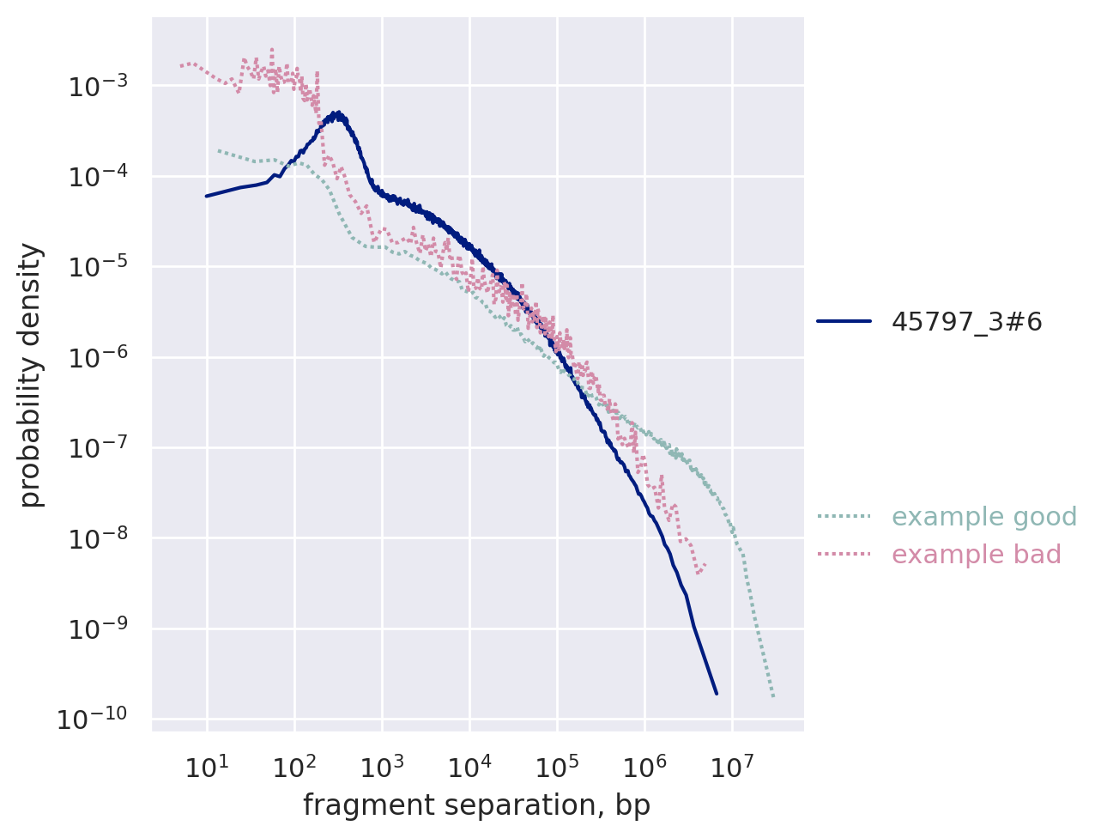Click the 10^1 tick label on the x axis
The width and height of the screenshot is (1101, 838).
pyautogui.click(x=207, y=767)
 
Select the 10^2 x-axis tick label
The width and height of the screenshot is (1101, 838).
pyautogui.click(x=294, y=767)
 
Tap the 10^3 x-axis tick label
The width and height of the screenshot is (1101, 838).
pyautogui.click(x=382, y=767)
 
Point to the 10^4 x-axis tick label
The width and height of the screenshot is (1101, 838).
pyautogui.click(x=469, y=767)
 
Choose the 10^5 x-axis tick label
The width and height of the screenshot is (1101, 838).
pyautogui.click(x=557, y=767)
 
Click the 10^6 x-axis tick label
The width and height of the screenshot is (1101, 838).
pyautogui.click(x=644, y=767)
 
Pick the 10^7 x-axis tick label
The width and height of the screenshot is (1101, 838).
pyautogui.click(x=732, y=767)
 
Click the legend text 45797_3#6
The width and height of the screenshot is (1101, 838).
pyautogui.click(x=966, y=322)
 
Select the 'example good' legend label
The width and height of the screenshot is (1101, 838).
pyautogui.click(x=983, y=517)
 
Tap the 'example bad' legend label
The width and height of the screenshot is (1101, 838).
pyautogui.click(x=976, y=555)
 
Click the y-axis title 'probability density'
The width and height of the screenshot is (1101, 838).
pyautogui.click(x=31, y=374)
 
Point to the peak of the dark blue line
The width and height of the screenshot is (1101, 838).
pyautogui.click(x=338, y=112)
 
